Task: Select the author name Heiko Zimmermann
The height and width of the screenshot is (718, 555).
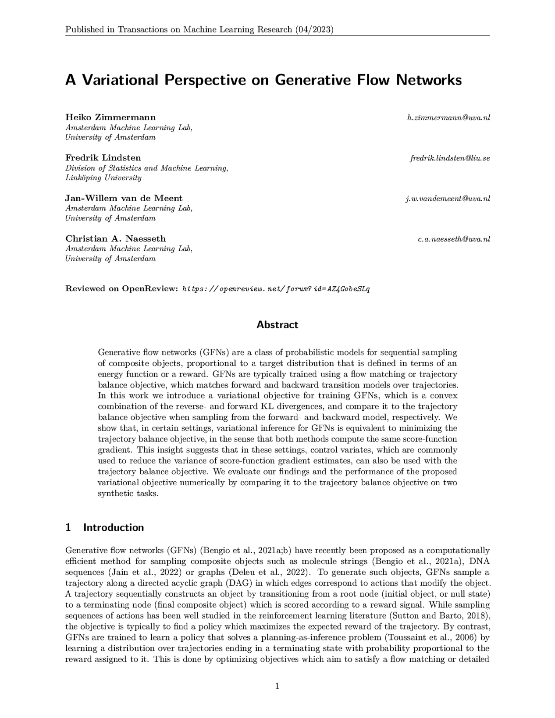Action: point(110,117)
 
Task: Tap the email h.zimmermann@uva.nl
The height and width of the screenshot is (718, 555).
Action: point(448,117)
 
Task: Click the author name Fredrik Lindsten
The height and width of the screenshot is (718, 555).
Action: point(103,158)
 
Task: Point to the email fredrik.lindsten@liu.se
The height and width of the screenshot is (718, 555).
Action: point(450,158)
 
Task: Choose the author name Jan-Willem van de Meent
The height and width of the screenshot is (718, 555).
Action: point(124,198)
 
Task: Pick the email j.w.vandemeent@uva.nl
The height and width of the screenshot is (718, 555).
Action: point(448,199)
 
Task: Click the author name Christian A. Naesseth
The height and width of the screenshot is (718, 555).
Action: point(116,239)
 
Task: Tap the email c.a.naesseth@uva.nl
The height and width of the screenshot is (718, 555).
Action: point(454,239)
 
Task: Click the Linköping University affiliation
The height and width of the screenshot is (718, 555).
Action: point(103,178)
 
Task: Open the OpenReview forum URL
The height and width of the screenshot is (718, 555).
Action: point(276,289)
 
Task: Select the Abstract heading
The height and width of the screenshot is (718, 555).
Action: point(277,325)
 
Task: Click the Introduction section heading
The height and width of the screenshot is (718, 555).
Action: point(113,527)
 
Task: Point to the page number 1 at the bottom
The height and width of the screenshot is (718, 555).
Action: point(277,686)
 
